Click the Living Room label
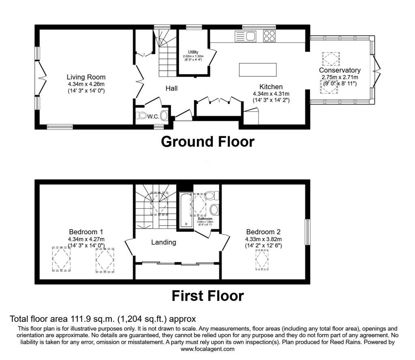(x=86, y=77)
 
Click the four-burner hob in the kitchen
(x=269, y=36)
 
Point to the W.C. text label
(x=153, y=117)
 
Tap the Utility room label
(x=193, y=52)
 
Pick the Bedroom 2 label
(x=263, y=232)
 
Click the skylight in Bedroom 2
(x=262, y=260)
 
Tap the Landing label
(x=163, y=242)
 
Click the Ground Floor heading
(x=207, y=141)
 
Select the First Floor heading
(x=207, y=296)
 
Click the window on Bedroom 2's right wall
(x=307, y=232)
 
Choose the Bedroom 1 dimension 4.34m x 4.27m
(x=86, y=239)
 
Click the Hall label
(x=171, y=88)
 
